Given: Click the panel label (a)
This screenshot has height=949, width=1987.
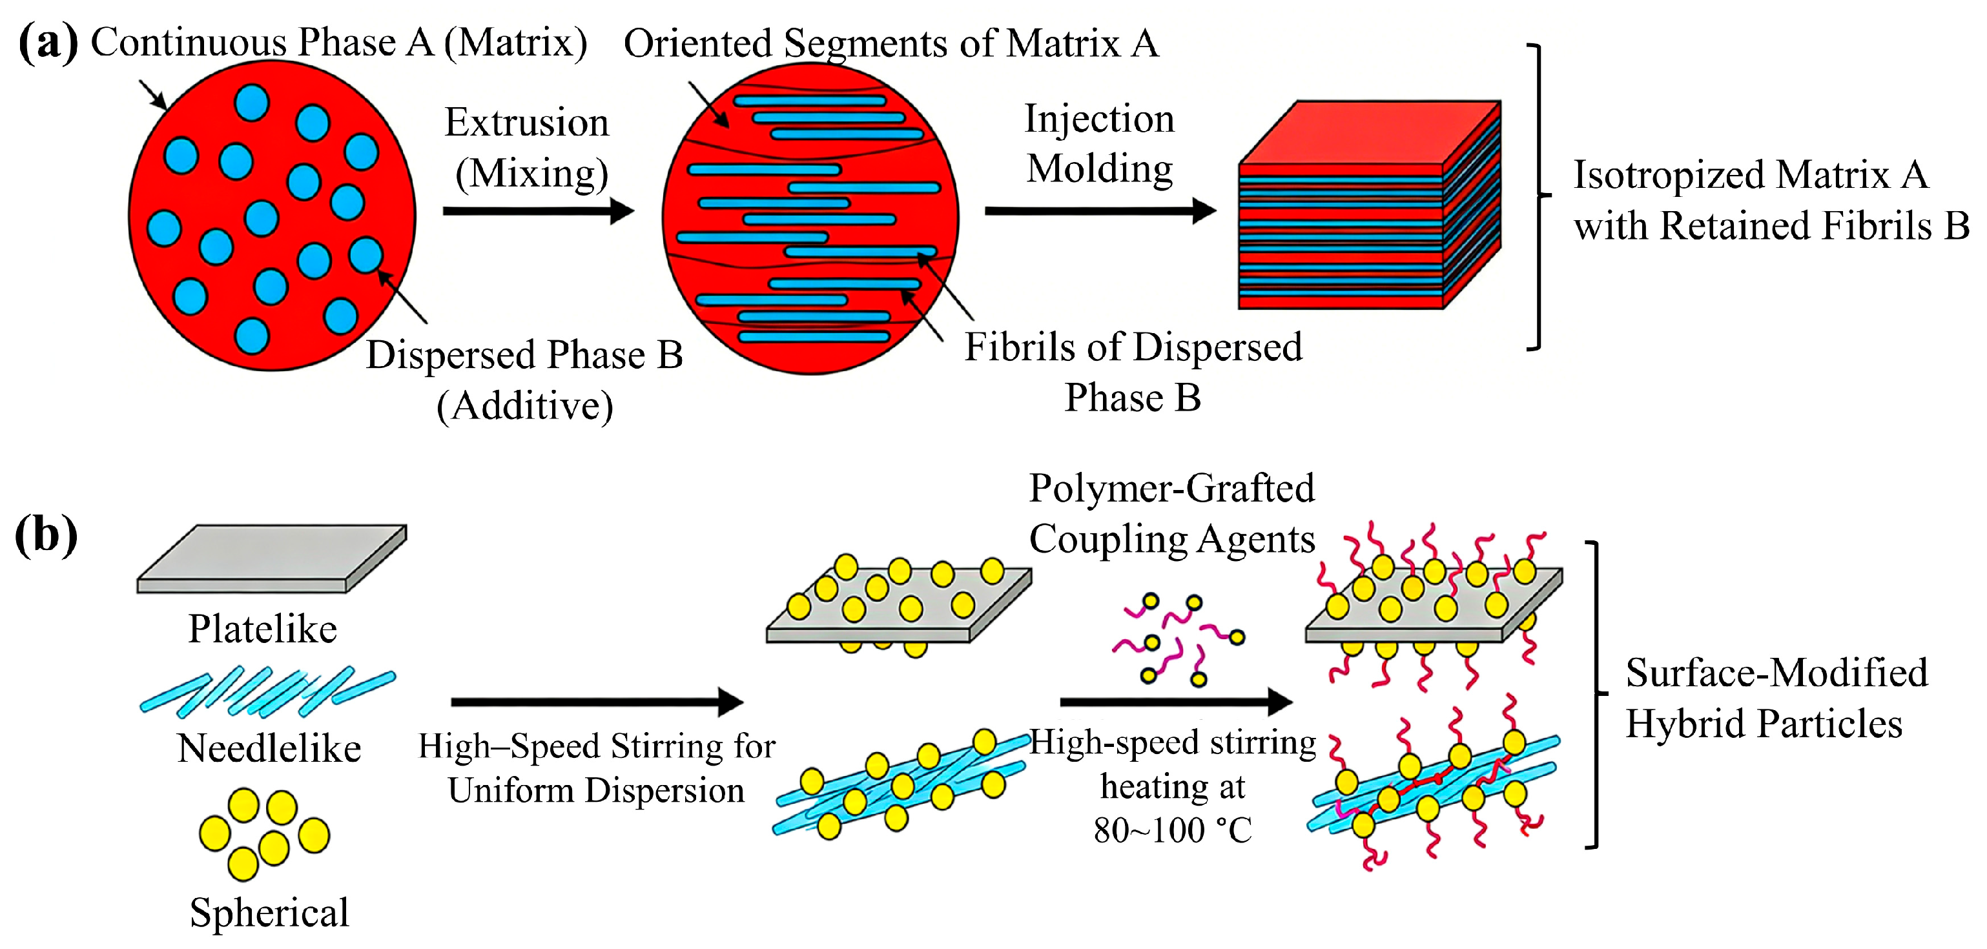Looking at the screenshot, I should point(48,43).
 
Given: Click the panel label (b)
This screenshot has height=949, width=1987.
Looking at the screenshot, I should point(46,535).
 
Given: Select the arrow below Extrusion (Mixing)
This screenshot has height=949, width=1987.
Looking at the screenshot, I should point(538,210).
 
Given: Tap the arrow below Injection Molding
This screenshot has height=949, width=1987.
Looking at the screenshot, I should point(1100,210).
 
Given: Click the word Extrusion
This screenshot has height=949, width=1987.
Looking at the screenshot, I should point(527,123).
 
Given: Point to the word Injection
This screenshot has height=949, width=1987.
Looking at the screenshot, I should point(1099,119).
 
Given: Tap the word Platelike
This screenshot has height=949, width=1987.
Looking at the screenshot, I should point(263,629).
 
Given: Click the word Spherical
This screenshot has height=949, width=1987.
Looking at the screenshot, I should point(269,913).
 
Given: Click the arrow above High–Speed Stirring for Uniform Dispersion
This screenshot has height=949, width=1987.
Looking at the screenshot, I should point(596,702).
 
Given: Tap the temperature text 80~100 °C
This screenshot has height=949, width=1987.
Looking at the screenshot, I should point(1173,830).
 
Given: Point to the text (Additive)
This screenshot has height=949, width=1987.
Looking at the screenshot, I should point(525,406).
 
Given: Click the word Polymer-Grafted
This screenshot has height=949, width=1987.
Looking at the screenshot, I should point(1171,489).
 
